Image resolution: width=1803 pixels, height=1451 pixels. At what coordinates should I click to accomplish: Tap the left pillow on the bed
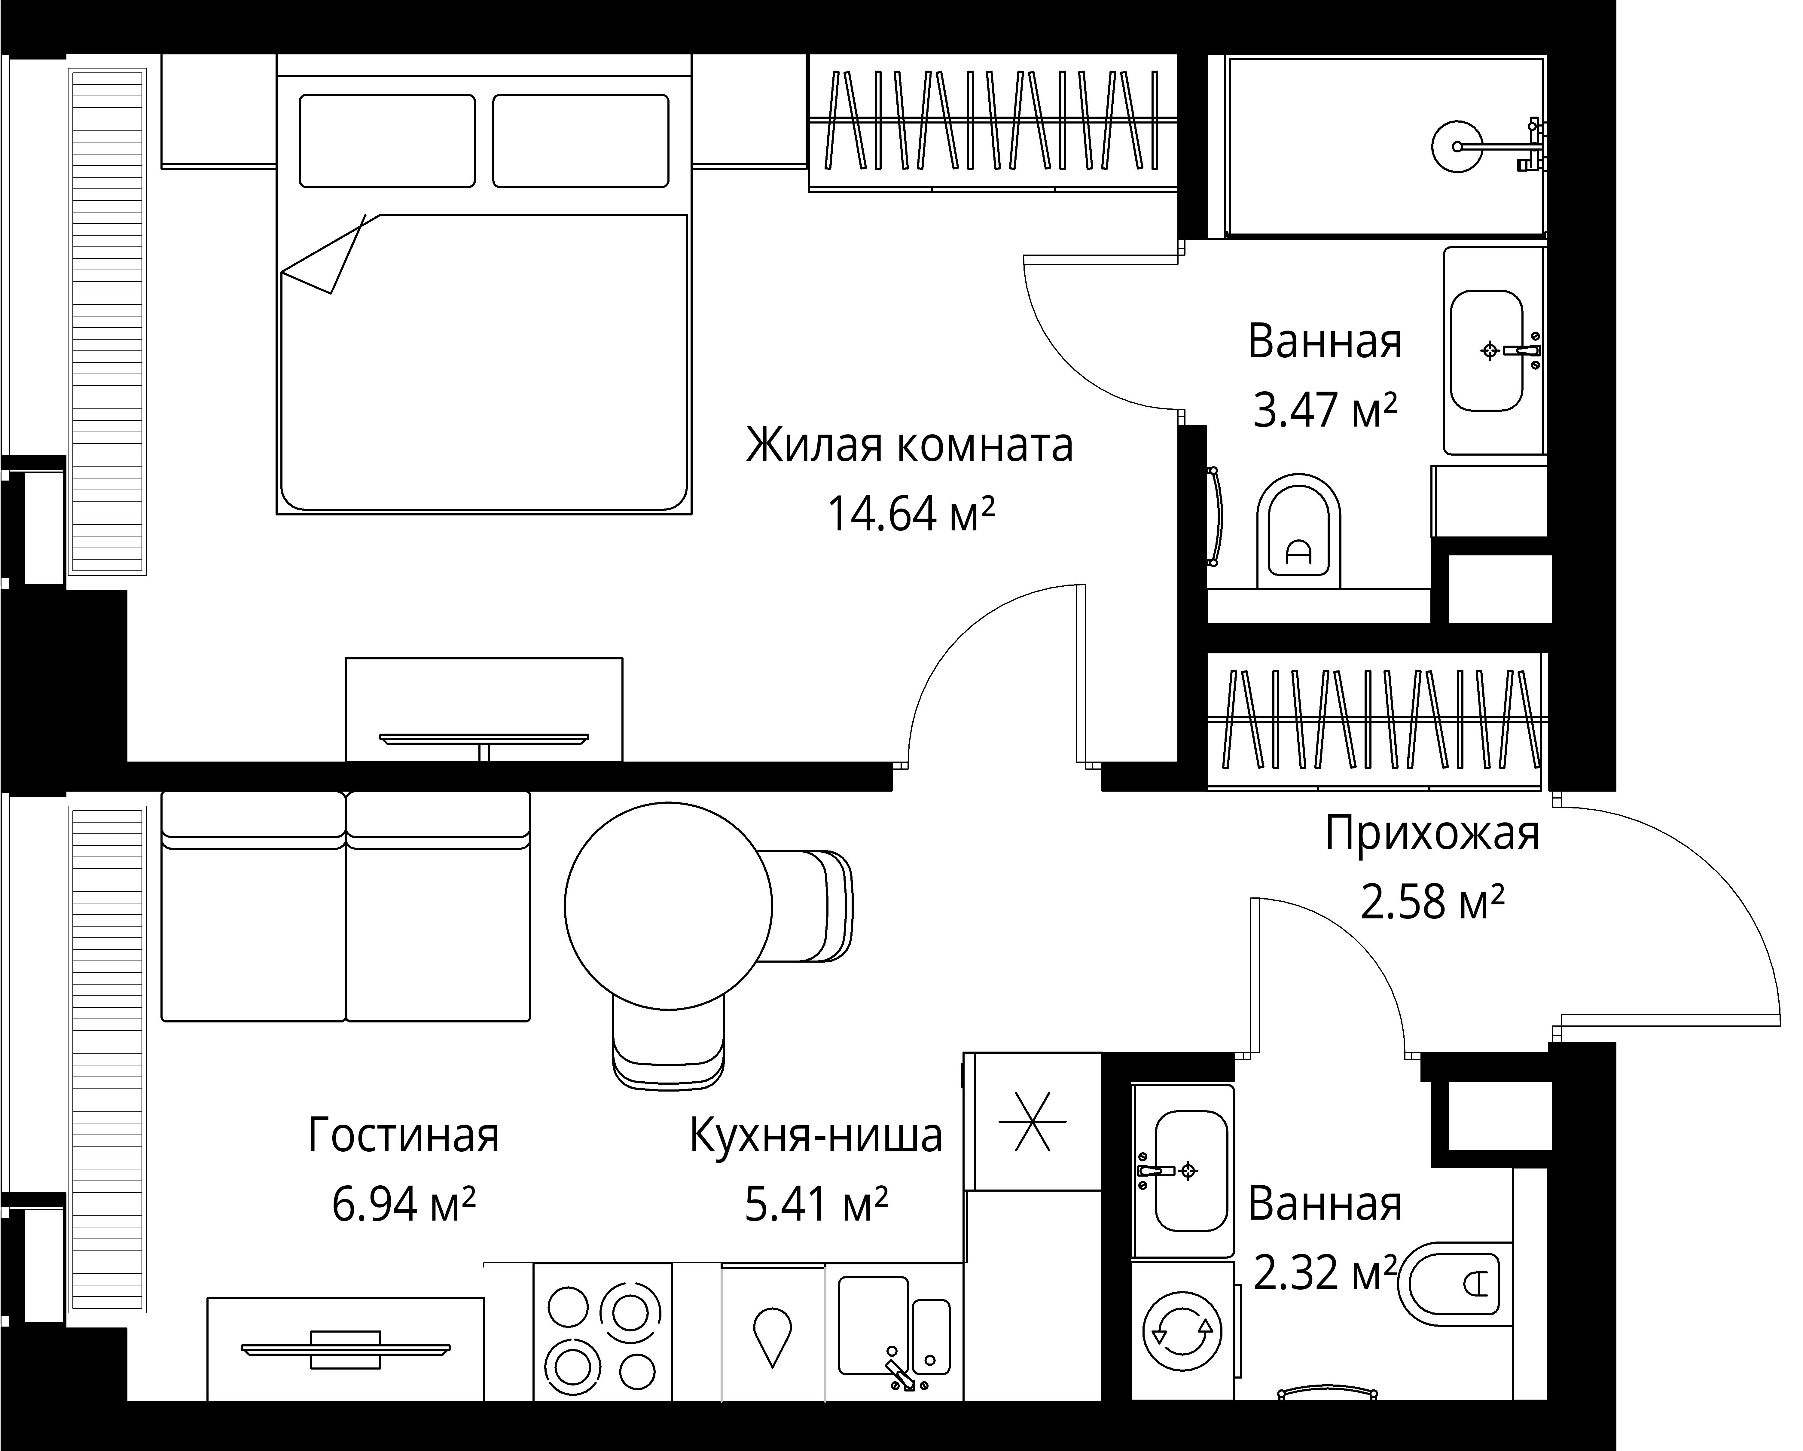pyautogui.click(x=387, y=140)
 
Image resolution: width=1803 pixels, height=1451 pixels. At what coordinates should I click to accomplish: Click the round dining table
pyautogui.click(x=668, y=906)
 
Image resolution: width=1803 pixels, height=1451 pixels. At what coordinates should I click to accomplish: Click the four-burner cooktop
pyautogui.click(x=602, y=1330)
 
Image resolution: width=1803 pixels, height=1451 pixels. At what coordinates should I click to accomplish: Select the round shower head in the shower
pyautogui.click(x=1457, y=146)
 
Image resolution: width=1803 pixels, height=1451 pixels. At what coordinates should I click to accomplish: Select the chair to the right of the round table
pyautogui.click(x=807, y=906)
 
